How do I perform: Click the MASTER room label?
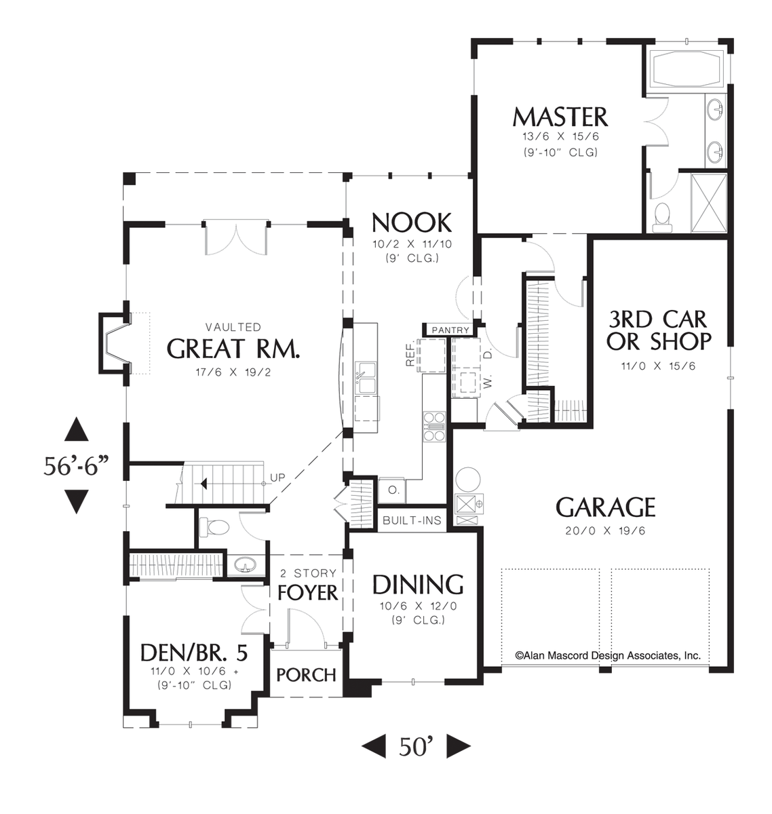560,117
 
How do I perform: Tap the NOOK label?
411,222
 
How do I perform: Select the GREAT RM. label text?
233,349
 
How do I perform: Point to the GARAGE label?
606,507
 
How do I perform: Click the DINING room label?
417,584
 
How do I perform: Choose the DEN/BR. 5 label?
193,653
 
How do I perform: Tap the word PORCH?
307,675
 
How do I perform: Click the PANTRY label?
450,330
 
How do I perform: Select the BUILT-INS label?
412,521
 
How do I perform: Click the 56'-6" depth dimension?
75,466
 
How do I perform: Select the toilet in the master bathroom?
661,214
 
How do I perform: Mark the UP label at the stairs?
278,478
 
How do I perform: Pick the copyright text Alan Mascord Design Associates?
607,656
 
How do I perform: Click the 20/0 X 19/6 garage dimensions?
606,530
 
